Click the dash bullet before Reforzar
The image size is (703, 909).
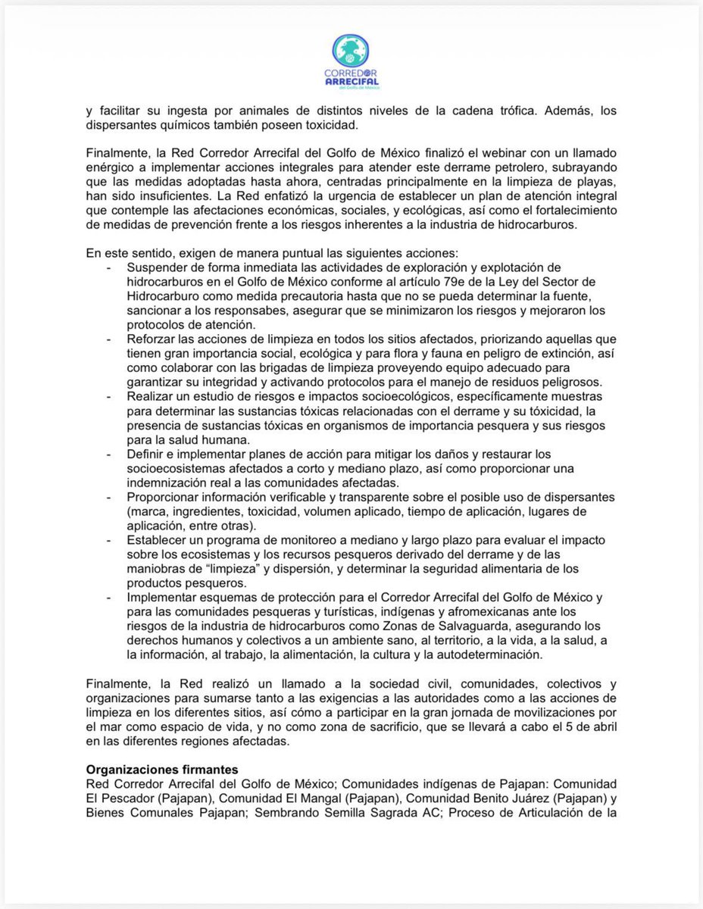coord(111,337)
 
